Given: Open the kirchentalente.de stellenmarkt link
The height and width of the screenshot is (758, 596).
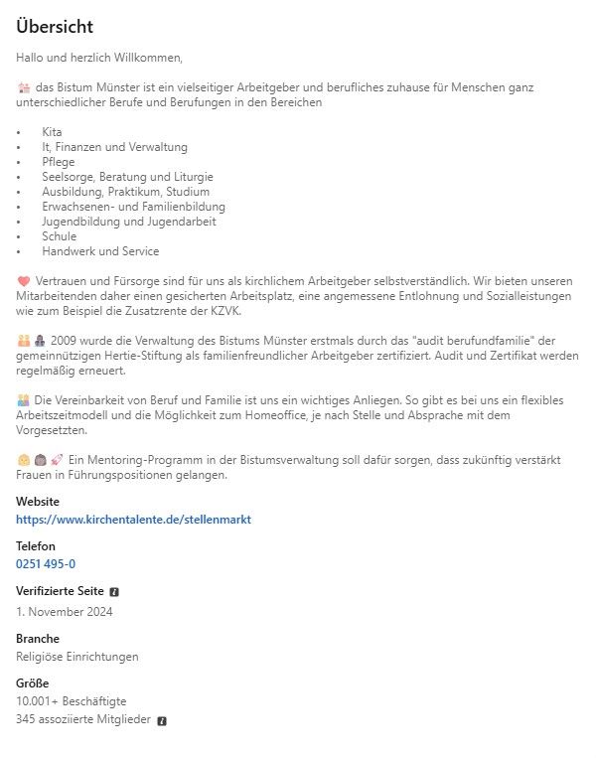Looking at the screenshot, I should [x=133, y=519].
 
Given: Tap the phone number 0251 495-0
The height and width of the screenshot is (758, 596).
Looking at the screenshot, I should [x=46, y=563].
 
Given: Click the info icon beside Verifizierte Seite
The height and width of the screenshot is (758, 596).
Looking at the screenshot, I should [x=114, y=591].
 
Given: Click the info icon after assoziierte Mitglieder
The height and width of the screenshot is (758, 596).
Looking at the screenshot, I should [x=162, y=720].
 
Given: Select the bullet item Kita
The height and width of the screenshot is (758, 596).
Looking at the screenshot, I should [x=52, y=132].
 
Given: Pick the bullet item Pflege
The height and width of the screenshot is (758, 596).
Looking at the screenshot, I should [x=59, y=162].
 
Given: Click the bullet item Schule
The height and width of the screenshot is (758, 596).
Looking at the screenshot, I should [x=59, y=236].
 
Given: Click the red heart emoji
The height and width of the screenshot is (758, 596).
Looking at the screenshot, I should [x=24, y=281].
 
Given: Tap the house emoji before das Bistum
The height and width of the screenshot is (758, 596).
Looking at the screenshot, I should [x=24, y=87].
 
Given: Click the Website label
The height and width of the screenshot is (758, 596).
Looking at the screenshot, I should [x=38, y=502].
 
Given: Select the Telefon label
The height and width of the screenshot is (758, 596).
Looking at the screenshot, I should [x=36, y=546].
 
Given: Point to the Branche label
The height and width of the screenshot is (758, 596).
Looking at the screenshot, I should [x=38, y=638].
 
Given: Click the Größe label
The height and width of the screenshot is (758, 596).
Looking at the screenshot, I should [x=33, y=683].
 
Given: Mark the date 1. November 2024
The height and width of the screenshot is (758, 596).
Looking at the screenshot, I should [x=65, y=611].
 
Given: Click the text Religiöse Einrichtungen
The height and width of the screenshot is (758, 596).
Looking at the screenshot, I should [x=77, y=656].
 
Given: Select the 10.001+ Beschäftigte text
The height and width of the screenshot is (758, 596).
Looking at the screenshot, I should [x=72, y=700].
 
